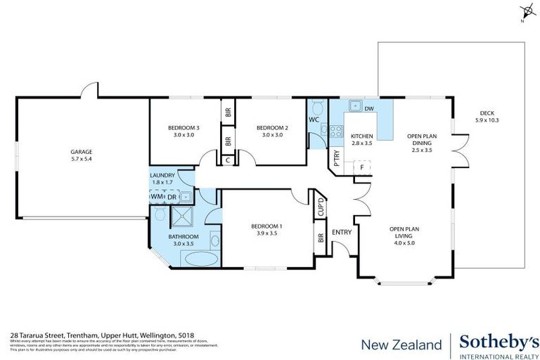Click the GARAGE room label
click(x=81, y=152)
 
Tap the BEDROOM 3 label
click(x=184, y=127)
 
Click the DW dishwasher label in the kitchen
click(x=368, y=109)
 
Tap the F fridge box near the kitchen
click(x=361, y=167)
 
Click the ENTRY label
click(x=342, y=232)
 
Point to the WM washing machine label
click(x=155, y=197)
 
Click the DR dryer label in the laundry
click(x=170, y=197)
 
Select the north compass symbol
click(x=525, y=11)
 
